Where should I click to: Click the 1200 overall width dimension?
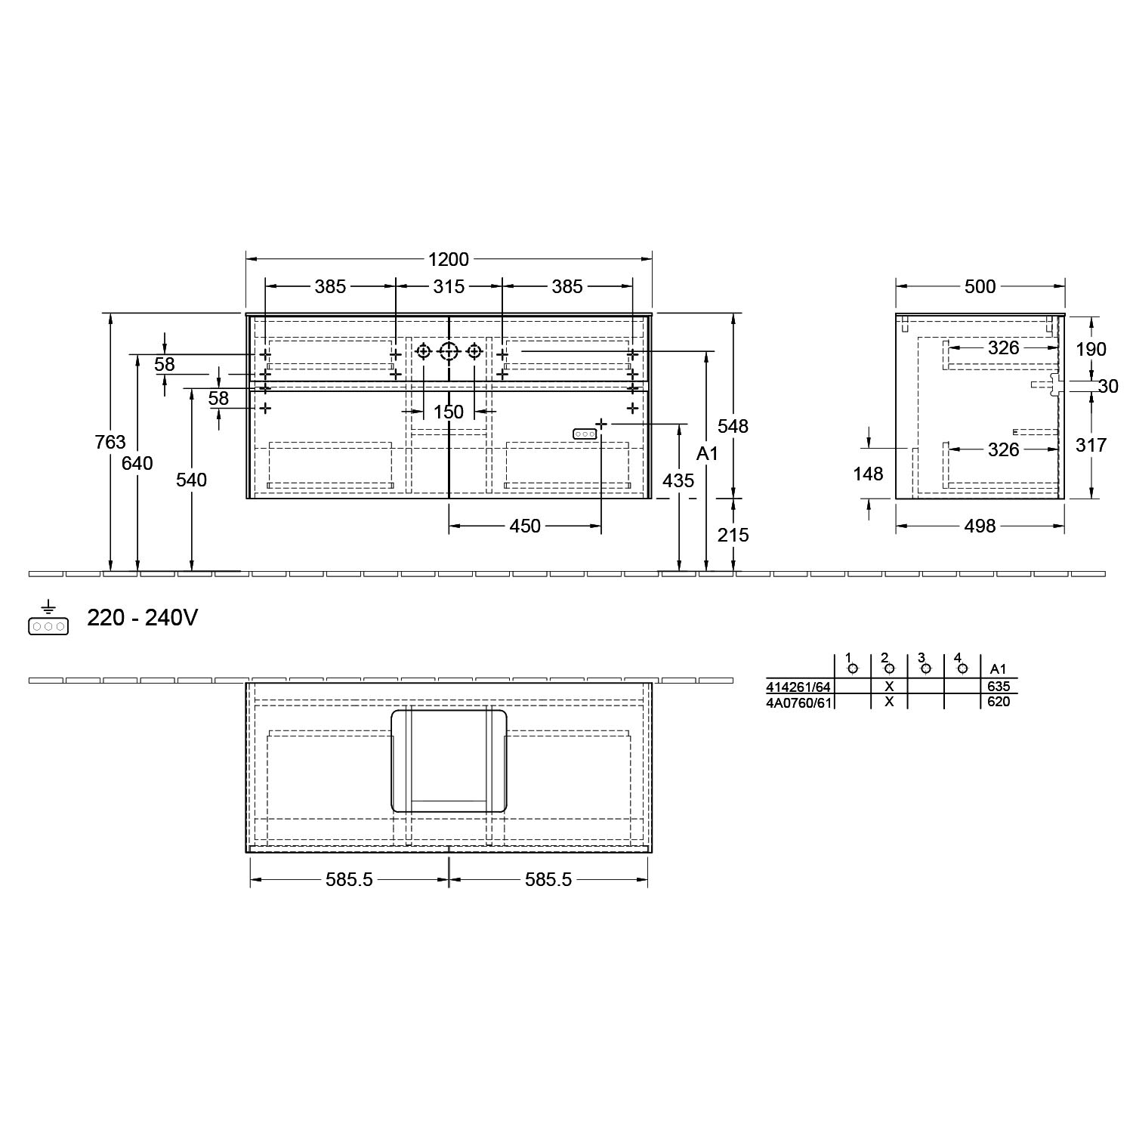(x=449, y=259)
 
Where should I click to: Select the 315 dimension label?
(x=449, y=287)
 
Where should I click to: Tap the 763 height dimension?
(x=110, y=442)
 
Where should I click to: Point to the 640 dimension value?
(x=137, y=463)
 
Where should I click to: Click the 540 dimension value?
(x=191, y=480)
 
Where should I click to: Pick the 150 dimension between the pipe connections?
(x=448, y=412)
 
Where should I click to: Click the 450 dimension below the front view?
(x=525, y=526)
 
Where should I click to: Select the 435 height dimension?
(x=678, y=480)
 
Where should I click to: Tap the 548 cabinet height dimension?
(x=733, y=426)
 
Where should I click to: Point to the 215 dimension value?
(x=733, y=535)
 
